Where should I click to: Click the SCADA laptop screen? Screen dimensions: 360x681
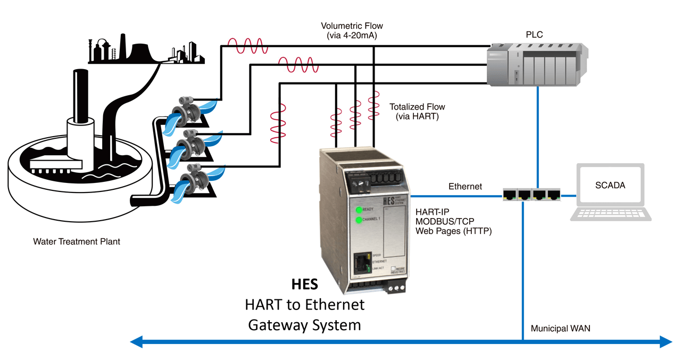(x=610, y=186)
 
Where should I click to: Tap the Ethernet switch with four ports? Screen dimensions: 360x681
(x=531, y=195)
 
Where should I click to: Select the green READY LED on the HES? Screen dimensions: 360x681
(x=360, y=209)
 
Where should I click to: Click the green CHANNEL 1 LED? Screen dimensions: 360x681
(x=359, y=220)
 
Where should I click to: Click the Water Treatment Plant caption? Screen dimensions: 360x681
(x=77, y=241)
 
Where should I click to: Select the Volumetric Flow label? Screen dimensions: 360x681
(x=352, y=30)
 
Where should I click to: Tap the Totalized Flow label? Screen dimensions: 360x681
(x=417, y=111)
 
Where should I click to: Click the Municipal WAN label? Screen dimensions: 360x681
(x=560, y=329)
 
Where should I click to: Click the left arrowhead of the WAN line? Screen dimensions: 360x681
(x=137, y=341)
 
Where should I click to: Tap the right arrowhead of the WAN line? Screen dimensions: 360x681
(x=666, y=341)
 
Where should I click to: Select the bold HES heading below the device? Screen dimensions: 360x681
(x=304, y=284)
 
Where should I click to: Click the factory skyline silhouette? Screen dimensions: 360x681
(x=146, y=51)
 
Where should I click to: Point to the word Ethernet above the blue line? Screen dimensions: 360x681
(x=465, y=186)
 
